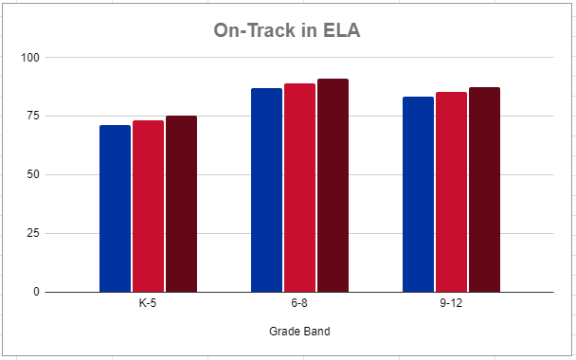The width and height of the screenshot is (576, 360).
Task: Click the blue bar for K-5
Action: click(x=115, y=208)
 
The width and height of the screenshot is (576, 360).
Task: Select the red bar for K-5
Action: click(x=148, y=207)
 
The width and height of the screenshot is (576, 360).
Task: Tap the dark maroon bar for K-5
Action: click(x=181, y=204)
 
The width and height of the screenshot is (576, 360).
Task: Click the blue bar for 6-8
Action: click(x=266, y=189)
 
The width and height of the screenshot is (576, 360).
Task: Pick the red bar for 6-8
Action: click(x=299, y=188)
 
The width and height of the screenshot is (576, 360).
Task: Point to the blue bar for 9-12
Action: click(x=418, y=194)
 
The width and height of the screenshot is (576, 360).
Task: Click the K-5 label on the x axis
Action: click(x=148, y=305)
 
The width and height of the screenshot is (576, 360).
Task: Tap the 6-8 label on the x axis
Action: click(x=299, y=305)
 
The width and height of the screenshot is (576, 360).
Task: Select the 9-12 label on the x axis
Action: click(x=451, y=305)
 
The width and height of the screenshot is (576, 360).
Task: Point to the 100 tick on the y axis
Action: click(x=31, y=58)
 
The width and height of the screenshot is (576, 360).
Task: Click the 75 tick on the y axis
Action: click(x=34, y=117)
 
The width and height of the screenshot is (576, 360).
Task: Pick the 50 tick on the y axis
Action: click(x=34, y=175)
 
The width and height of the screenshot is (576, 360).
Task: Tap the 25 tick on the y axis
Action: click(x=34, y=234)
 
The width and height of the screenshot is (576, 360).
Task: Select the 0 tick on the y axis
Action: click(x=37, y=292)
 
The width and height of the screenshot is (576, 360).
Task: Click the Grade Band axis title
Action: click(x=299, y=332)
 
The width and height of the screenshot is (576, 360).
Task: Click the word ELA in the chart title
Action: click(x=339, y=31)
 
